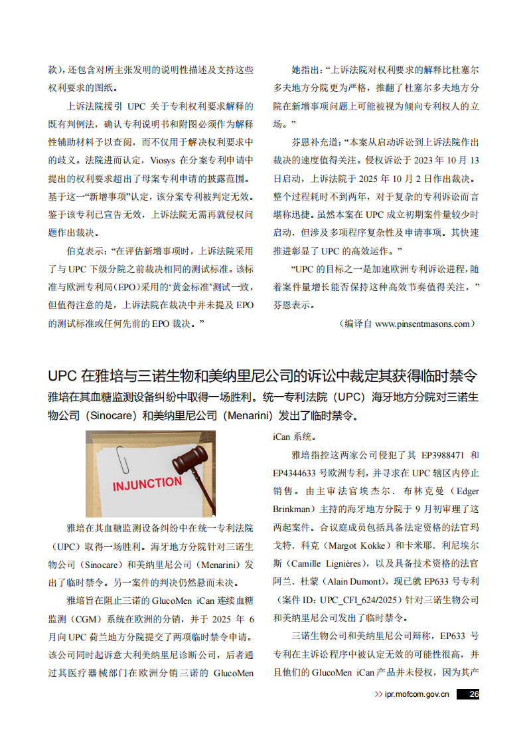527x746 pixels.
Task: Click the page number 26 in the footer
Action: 473,694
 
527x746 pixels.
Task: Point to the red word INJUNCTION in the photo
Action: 147,483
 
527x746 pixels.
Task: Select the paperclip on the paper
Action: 123,458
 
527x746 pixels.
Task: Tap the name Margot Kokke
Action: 360,545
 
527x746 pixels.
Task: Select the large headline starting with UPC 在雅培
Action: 263,375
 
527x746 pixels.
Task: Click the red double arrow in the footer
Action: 378,694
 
